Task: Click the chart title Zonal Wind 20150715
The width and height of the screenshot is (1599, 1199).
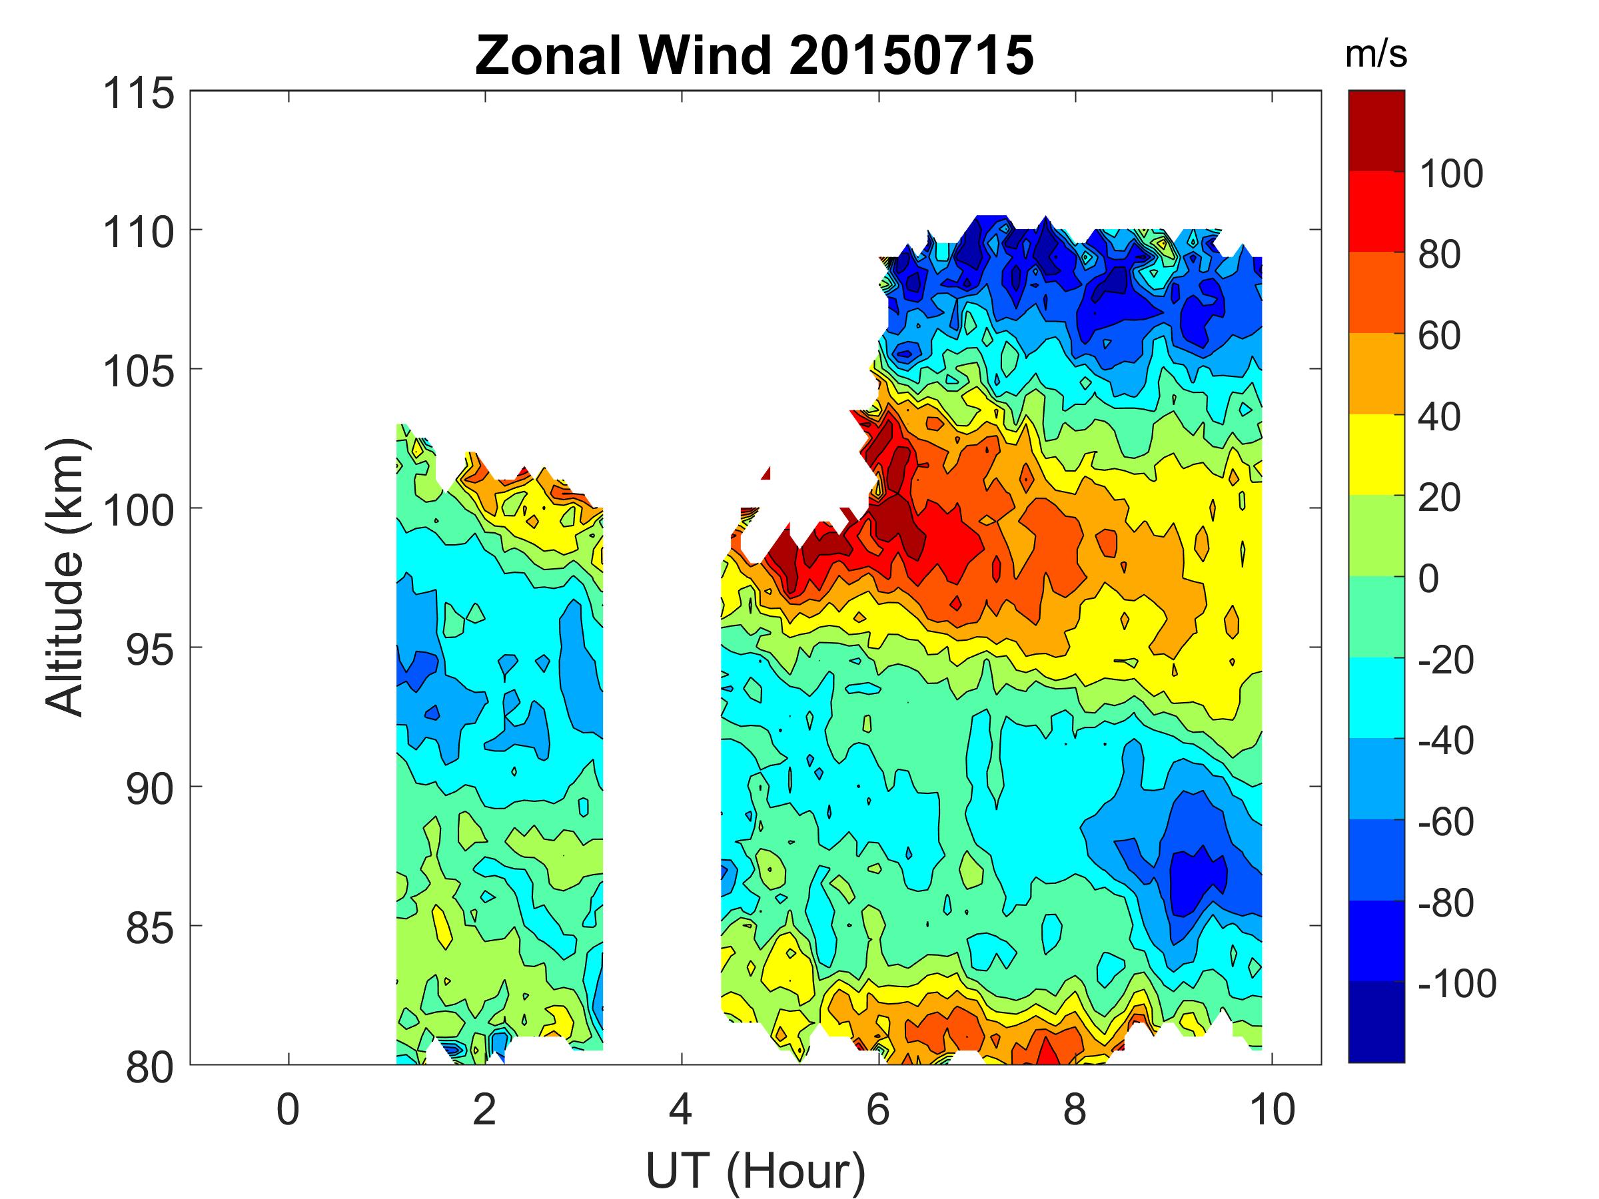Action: [754, 56]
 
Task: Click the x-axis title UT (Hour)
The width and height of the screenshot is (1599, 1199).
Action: [756, 1151]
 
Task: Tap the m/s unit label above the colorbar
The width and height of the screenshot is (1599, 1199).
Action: [1376, 56]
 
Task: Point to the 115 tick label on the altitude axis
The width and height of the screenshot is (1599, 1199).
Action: [139, 94]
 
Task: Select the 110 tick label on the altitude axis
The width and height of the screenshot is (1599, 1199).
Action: [139, 232]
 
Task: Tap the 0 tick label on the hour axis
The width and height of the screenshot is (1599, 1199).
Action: [288, 1109]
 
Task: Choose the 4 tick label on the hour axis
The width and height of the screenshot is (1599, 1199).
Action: [681, 1109]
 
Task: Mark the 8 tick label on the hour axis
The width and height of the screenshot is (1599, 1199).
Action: [1074, 1109]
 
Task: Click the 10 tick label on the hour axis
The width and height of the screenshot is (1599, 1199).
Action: [1271, 1109]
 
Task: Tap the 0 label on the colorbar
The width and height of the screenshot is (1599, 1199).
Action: [1428, 579]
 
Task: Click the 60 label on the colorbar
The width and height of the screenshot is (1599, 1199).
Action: [1439, 336]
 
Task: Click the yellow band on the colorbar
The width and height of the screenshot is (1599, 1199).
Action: [1376, 454]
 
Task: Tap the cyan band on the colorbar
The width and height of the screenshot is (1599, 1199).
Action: [1376, 697]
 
